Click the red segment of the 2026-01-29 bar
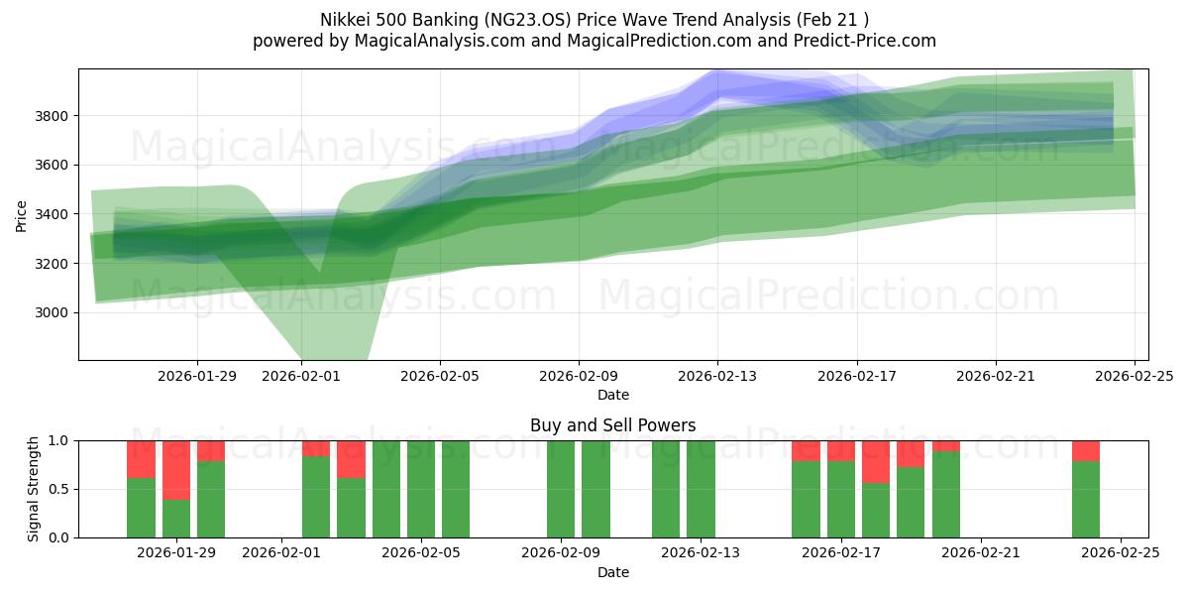pyautogui.click(x=176, y=470)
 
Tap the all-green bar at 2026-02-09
pyautogui.click(x=561, y=489)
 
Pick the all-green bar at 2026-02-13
pyautogui.click(x=701, y=489)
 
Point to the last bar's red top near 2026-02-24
pyautogui.click(x=1086, y=450)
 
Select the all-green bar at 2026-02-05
pyautogui.click(x=421, y=489)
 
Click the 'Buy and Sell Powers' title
pyautogui.click(x=612, y=425)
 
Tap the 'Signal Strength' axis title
pyautogui.click(x=34, y=489)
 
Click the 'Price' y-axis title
pyautogui.click(x=22, y=214)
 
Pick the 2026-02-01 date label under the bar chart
pyautogui.click(x=281, y=553)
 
